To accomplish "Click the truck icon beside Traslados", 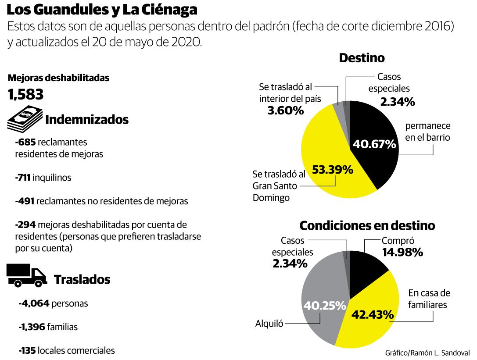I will click(x=26, y=277).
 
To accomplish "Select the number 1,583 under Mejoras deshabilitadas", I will click(x=25, y=94).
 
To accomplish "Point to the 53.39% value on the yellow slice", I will click(x=332, y=169).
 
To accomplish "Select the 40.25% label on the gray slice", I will click(x=324, y=306).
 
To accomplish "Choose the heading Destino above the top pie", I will click(x=362, y=58).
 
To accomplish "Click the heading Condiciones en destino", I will click(x=367, y=225).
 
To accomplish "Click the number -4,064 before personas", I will click(x=35, y=303).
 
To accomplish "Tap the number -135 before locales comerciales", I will click(x=28, y=351).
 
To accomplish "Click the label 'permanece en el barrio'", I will click(x=427, y=131).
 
